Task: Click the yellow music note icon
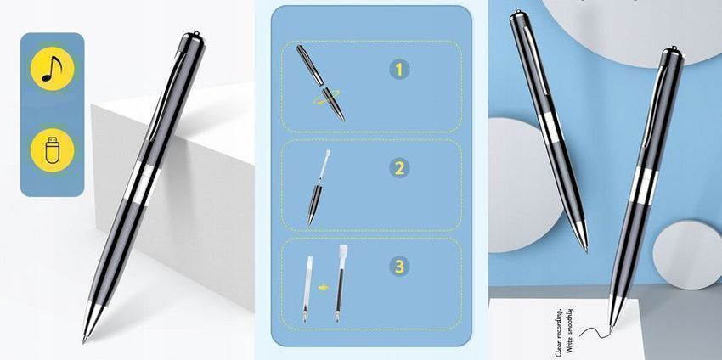coord(52,69)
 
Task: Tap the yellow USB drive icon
coord(52,150)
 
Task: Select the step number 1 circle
coord(399,70)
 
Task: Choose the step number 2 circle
coord(399,168)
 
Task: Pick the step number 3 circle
coord(399,266)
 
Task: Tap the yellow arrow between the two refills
coord(324,288)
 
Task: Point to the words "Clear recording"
coord(559,333)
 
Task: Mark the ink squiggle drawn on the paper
coord(594,331)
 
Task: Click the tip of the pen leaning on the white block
coord(84,341)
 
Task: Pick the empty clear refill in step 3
coord(307,288)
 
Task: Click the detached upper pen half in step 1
coord(310,65)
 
